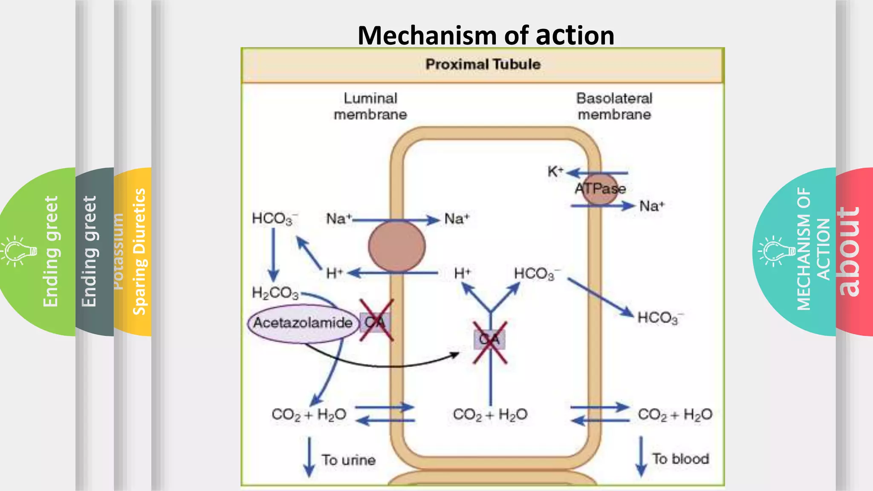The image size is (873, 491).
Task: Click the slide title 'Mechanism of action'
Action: [486, 35]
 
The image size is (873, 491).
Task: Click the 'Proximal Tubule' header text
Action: [483, 64]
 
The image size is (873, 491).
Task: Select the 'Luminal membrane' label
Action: [370, 107]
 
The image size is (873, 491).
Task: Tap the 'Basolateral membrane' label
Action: [614, 107]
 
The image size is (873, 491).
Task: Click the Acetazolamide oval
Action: [303, 323]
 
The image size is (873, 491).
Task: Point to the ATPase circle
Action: [600, 189]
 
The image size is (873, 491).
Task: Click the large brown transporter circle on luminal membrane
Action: [396, 246]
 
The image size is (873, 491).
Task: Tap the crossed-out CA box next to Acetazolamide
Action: [375, 322]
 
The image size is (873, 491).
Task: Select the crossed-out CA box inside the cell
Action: [489, 340]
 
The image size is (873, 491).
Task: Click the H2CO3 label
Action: [275, 293]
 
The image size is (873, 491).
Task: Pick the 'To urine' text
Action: [349, 460]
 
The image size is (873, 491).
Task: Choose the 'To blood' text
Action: [680, 459]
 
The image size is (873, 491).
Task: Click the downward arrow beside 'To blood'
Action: [641, 456]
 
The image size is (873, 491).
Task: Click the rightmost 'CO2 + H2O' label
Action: [674, 414]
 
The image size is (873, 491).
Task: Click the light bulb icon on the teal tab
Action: [777, 251]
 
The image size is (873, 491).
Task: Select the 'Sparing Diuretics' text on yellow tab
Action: [139, 251]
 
